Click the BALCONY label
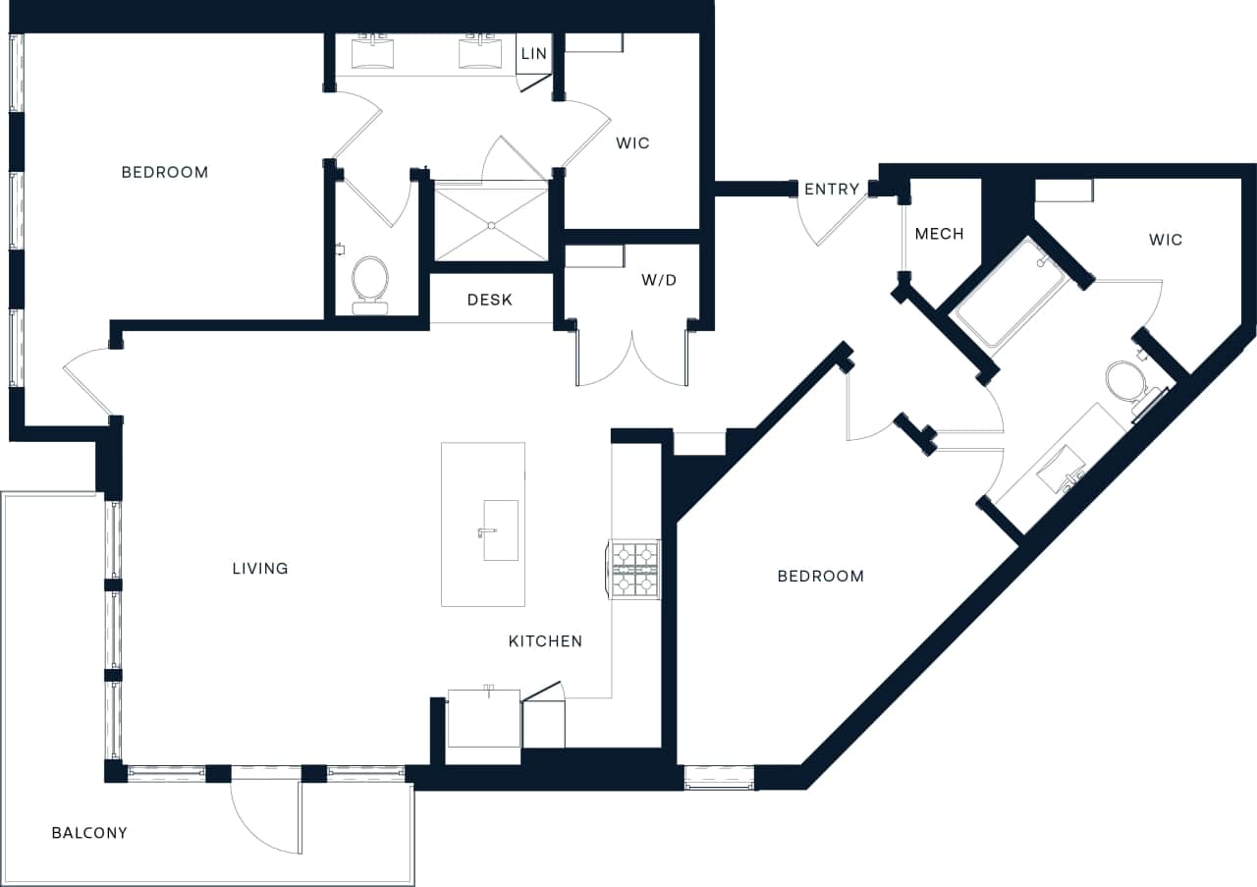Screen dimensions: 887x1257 (x=89, y=833)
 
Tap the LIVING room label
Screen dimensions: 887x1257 (x=260, y=568)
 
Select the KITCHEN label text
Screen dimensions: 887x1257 (x=545, y=641)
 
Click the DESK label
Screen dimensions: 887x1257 (x=489, y=300)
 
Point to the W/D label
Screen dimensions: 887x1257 (x=659, y=280)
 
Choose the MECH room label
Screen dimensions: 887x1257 (x=939, y=234)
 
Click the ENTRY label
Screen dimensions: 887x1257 (x=832, y=190)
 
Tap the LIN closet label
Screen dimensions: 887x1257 (x=534, y=53)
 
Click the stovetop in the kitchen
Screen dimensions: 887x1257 (x=635, y=569)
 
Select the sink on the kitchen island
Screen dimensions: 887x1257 (x=500, y=530)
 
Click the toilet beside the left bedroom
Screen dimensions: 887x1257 (x=370, y=280)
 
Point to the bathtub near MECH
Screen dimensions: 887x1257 (x=1011, y=292)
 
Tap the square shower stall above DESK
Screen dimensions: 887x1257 (x=491, y=224)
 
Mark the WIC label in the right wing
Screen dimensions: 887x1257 (x=1166, y=240)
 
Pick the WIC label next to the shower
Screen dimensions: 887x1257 (x=632, y=143)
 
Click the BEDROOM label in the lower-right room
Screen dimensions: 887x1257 (x=820, y=576)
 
